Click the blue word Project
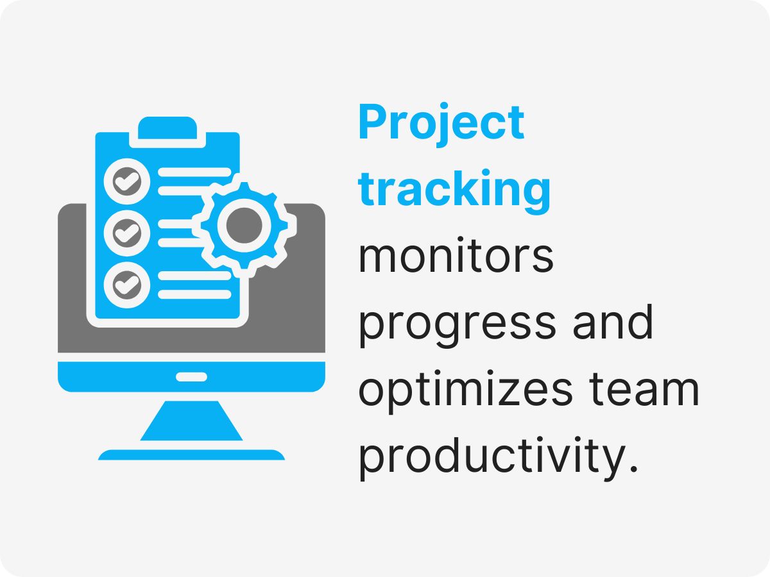[x=441, y=124]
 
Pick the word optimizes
[x=465, y=392]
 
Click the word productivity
[x=489, y=458]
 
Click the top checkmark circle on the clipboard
[x=126, y=182]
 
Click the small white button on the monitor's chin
[x=191, y=376]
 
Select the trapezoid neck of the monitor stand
[x=191, y=421]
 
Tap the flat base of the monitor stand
[x=191, y=455]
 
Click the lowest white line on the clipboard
[x=194, y=294]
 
